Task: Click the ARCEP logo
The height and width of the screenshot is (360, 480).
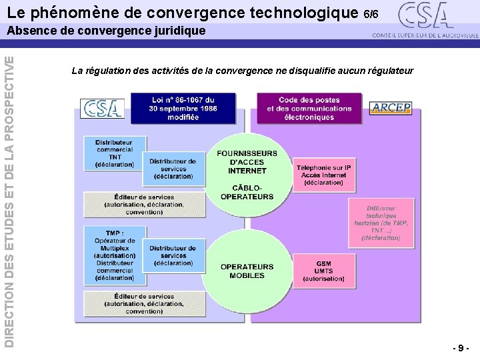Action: pos(391,108)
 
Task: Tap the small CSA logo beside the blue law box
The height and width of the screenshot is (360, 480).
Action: pos(102,108)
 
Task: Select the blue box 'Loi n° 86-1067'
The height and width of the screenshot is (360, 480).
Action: pos(183,108)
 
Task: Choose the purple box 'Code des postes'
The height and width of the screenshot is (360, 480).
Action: pos(309,108)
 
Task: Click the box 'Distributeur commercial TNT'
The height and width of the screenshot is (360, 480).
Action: pos(113,153)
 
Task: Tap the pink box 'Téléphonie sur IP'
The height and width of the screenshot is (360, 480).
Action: pos(323,175)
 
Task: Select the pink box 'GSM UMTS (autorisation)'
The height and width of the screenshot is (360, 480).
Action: pos(323,271)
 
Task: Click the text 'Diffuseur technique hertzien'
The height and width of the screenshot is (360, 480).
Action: pos(381,223)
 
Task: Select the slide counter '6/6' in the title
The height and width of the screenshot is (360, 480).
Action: pos(371,14)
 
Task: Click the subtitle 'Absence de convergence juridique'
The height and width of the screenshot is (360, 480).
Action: pos(107,31)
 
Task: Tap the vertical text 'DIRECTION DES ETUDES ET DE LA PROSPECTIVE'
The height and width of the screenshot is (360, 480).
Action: pos(9,200)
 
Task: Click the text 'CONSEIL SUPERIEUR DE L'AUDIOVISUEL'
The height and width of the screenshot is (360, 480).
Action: pos(425,35)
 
